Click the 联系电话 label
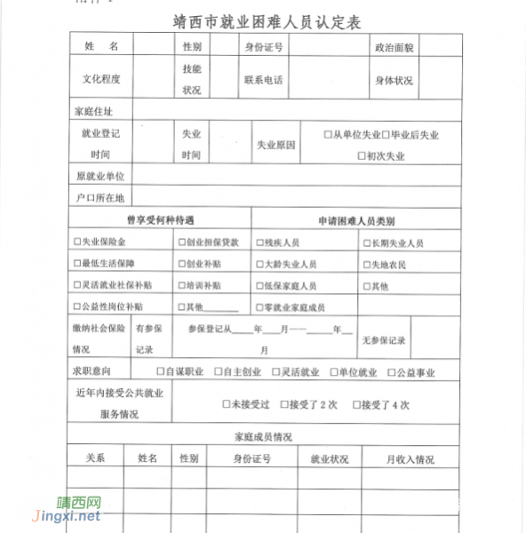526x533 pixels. [x=264, y=79]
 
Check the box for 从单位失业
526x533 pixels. [x=328, y=135]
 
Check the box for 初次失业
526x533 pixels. [x=361, y=156]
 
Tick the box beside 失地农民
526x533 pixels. [x=365, y=265]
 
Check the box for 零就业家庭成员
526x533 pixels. [x=259, y=307]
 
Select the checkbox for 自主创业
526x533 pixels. [x=218, y=372]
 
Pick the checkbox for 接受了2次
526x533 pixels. [x=283, y=405]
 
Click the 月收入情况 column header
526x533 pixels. [x=410, y=459]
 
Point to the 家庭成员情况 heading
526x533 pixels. [x=264, y=437]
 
